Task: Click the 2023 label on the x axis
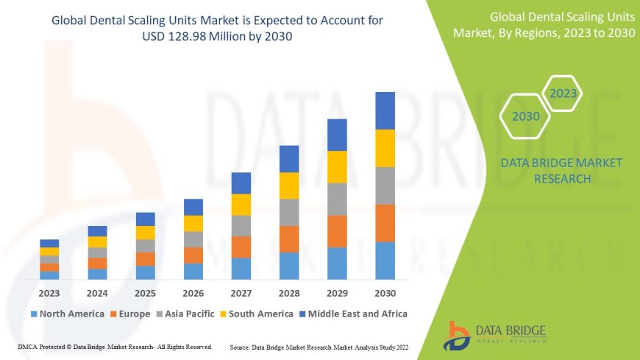click(x=49, y=292)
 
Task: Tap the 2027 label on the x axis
click(x=241, y=292)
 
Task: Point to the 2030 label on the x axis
click(x=385, y=292)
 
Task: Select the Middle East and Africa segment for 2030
click(x=385, y=110)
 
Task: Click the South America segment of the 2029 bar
click(x=337, y=166)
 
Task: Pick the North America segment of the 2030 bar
click(x=385, y=261)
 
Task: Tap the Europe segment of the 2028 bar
click(x=289, y=239)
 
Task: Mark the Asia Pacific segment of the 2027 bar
click(x=241, y=226)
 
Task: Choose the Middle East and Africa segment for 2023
click(x=49, y=243)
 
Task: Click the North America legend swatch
click(x=34, y=314)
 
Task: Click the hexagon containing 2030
click(x=526, y=116)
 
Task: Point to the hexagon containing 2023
click(x=563, y=93)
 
